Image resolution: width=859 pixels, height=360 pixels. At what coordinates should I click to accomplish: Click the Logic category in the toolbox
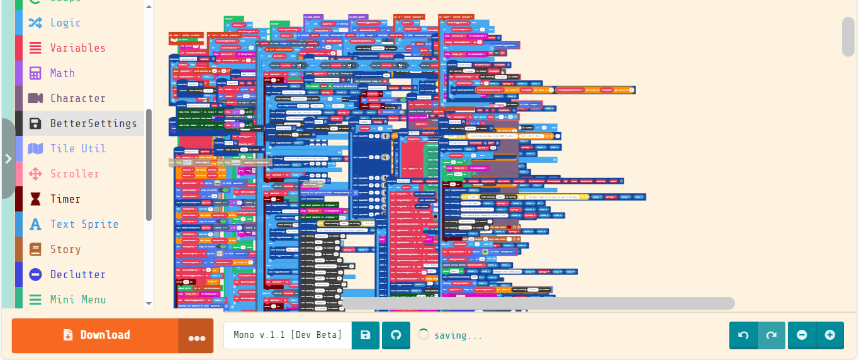pyautogui.click(x=65, y=23)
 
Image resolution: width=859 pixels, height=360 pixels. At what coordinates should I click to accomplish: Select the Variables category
pyautogui.click(x=77, y=48)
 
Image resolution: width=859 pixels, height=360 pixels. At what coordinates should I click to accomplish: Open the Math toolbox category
pyautogui.click(x=62, y=73)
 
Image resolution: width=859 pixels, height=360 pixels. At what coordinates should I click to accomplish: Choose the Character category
pyautogui.click(x=77, y=98)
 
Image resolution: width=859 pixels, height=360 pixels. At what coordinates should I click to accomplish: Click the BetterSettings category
pyautogui.click(x=93, y=123)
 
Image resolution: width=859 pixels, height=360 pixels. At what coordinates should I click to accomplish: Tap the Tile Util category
pyautogui.click(x=77, y=149)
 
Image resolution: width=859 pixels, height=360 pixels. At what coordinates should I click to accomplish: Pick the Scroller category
pyautogui.click(x=74, y=174)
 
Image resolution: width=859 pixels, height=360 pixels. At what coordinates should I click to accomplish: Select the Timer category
pyautogui.click(x=65, y=199)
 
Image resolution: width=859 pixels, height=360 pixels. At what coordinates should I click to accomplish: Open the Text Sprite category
pyautogui.click(x=84, y=224)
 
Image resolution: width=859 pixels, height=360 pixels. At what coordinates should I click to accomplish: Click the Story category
pyautogui.click(x=65, y=249)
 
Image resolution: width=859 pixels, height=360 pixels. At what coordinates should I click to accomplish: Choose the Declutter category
pyautogui.click(x=77, y=274)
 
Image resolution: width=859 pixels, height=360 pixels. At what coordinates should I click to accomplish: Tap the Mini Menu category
pyautogui.click(x=77, y=300)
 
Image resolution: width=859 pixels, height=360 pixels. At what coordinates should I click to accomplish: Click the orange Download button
pyautogui.click(x=96, y=335)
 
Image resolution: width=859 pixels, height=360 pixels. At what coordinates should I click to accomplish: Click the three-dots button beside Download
pyautogui.click(x=196, y=337)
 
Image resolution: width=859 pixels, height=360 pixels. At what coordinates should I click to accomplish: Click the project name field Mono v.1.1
pyautogui.click(x=288, y=335)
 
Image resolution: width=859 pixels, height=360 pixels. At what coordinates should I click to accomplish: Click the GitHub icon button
pyautogui.click(x=396, y=335)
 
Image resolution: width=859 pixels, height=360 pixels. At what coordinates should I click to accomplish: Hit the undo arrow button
pyautogui.click(x=743, y=335)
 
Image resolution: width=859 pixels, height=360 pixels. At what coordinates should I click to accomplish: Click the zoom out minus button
pyautogui.click(x=802, y=335)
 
